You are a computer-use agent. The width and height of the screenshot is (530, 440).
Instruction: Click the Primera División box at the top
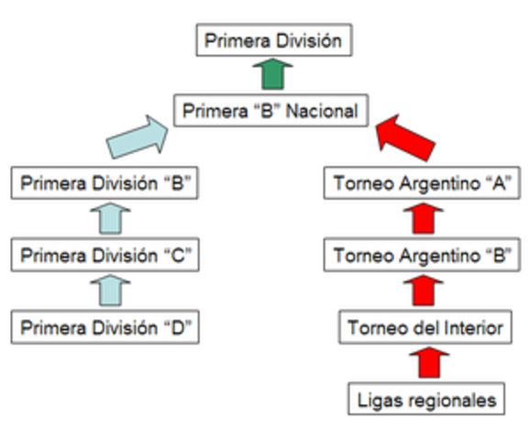point(273,41)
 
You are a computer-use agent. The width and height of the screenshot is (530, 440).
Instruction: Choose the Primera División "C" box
point(105,256)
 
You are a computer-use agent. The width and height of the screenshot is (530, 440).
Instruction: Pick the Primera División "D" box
point(105,327)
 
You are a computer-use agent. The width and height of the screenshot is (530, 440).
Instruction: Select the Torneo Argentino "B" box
point(423,256)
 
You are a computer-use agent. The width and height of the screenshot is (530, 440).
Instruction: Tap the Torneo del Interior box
point(423,327)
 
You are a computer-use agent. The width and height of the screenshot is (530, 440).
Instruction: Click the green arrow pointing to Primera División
point(272,76)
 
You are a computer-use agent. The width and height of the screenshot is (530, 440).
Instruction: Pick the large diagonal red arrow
point(407,137)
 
